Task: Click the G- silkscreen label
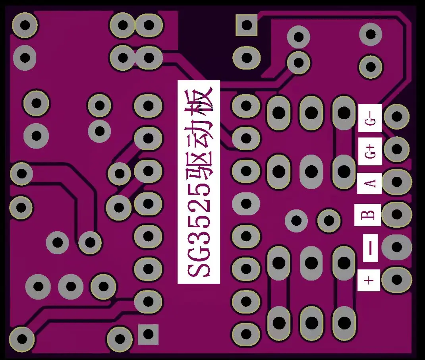pyautogui.click(x=370, y=118)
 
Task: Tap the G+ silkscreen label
pyautogui.click(x=370, y=151)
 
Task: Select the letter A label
pyautogui.click(x=369, y=183)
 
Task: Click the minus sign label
pyautogui.click(x=371, y=248)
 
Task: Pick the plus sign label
pyautogui.click(x=369, y=280)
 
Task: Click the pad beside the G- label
pyautogui.click(x=396, y=116)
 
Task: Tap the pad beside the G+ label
pyautogui.click(x=396, y=149)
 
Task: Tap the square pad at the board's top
pyautogui.click(x=247, y=25)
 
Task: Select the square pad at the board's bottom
pyautogui.click(x=148, y=334)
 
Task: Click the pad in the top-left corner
pyautogui.click(x=25, y=25)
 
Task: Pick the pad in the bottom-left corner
pyautogui.click(x=22, y=339)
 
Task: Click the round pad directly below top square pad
pyautogui.click(x=247, y=58)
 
